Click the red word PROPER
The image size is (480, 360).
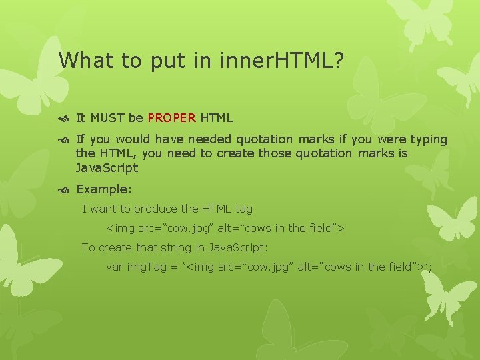click(x=172, y=118)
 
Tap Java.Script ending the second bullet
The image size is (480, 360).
click(x=107, y=167)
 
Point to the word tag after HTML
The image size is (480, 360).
click(x=244, y=209)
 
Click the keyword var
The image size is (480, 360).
click(x=115, y=267)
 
